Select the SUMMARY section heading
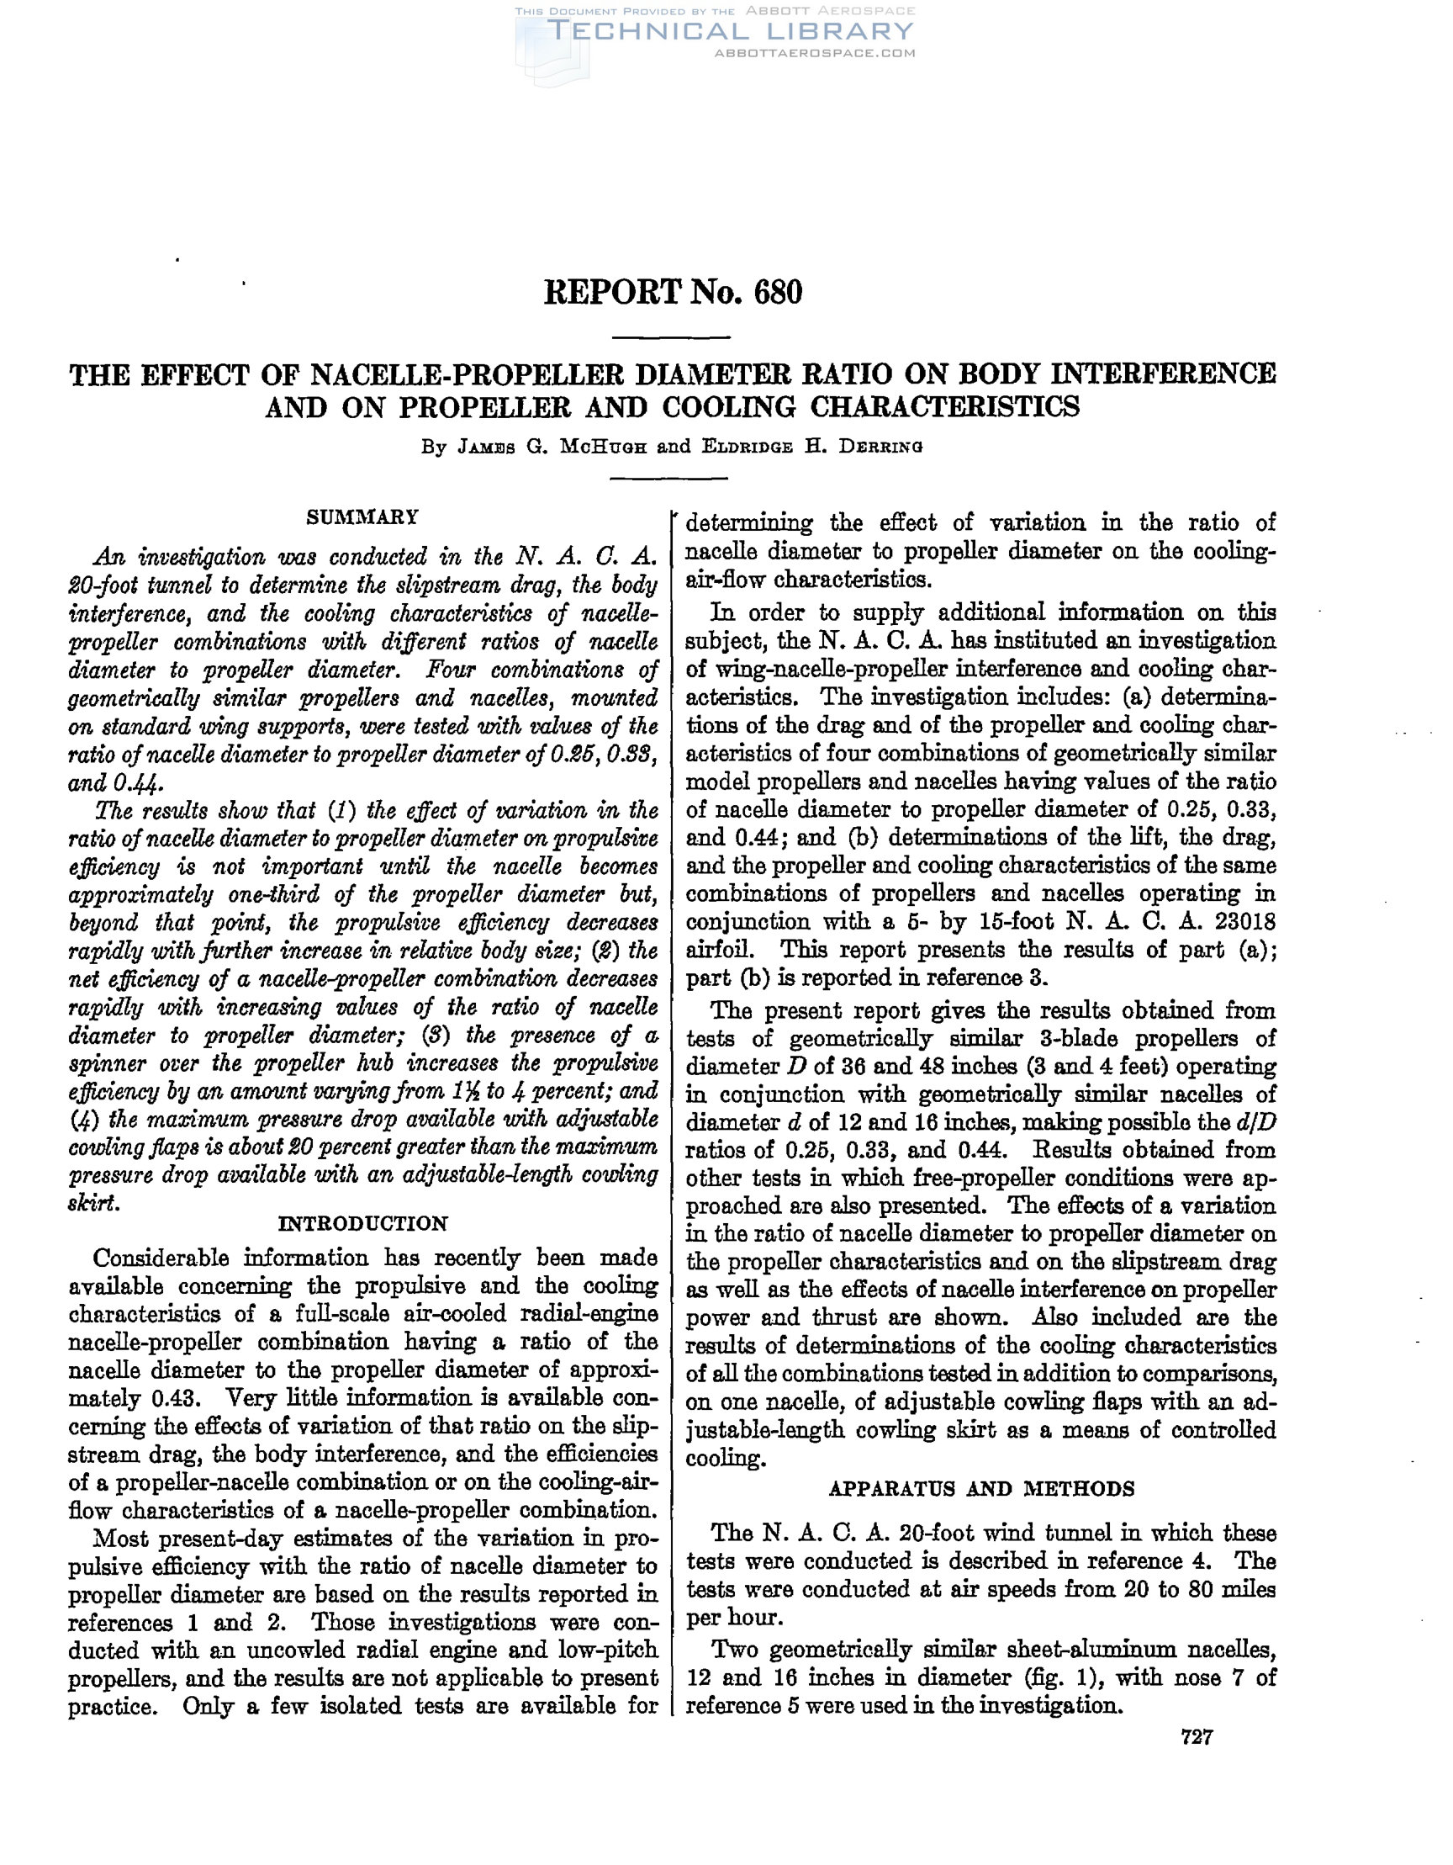362,517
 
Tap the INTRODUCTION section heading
362,1224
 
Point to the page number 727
1197,1737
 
